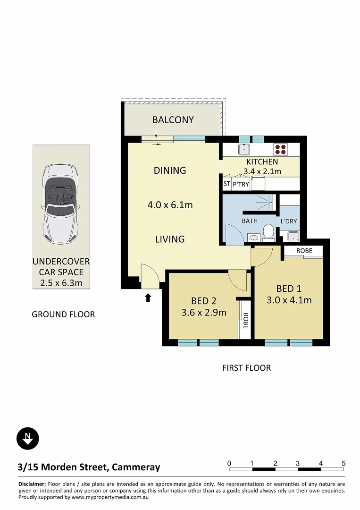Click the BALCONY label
173,120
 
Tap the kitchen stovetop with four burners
280,149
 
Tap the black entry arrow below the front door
148,297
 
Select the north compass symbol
28,438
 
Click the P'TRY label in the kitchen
241,184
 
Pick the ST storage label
227,184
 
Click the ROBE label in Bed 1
304,251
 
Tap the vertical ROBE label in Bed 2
245,322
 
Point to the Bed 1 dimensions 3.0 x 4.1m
289,300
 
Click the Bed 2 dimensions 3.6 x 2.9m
204,312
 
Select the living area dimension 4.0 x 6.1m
170,205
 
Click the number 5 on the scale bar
343,463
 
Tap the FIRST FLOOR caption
246,368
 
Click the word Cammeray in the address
137,467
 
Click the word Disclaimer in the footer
32,484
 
